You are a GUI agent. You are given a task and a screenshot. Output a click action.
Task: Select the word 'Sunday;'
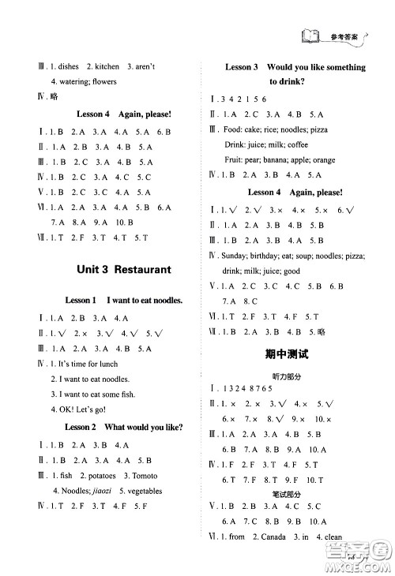239,256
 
